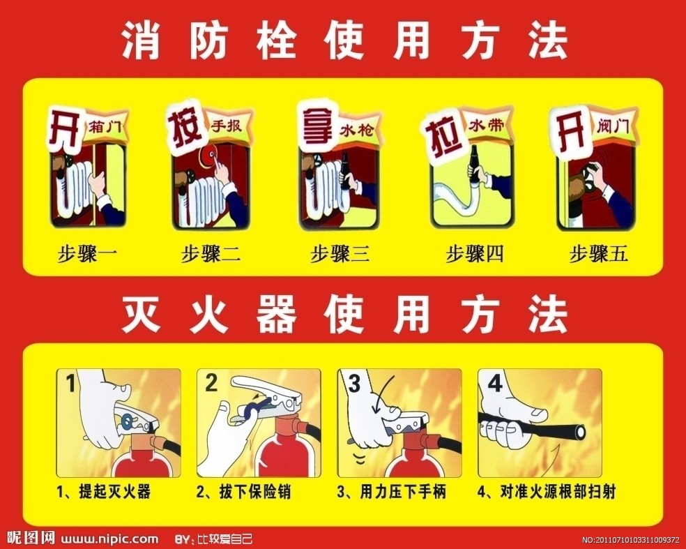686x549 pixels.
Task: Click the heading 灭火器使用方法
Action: point(345,313)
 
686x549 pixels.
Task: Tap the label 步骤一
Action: point(87,253)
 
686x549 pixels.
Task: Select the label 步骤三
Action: point(340,253)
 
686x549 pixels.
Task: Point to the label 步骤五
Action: point(598,253)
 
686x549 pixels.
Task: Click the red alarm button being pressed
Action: point(208,156)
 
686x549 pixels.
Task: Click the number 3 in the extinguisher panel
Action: point(353,384)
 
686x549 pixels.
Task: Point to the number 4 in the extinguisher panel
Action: point(495,384)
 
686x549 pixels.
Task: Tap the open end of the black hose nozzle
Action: point(580,432)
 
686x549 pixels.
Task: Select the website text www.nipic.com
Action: point(109,539)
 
